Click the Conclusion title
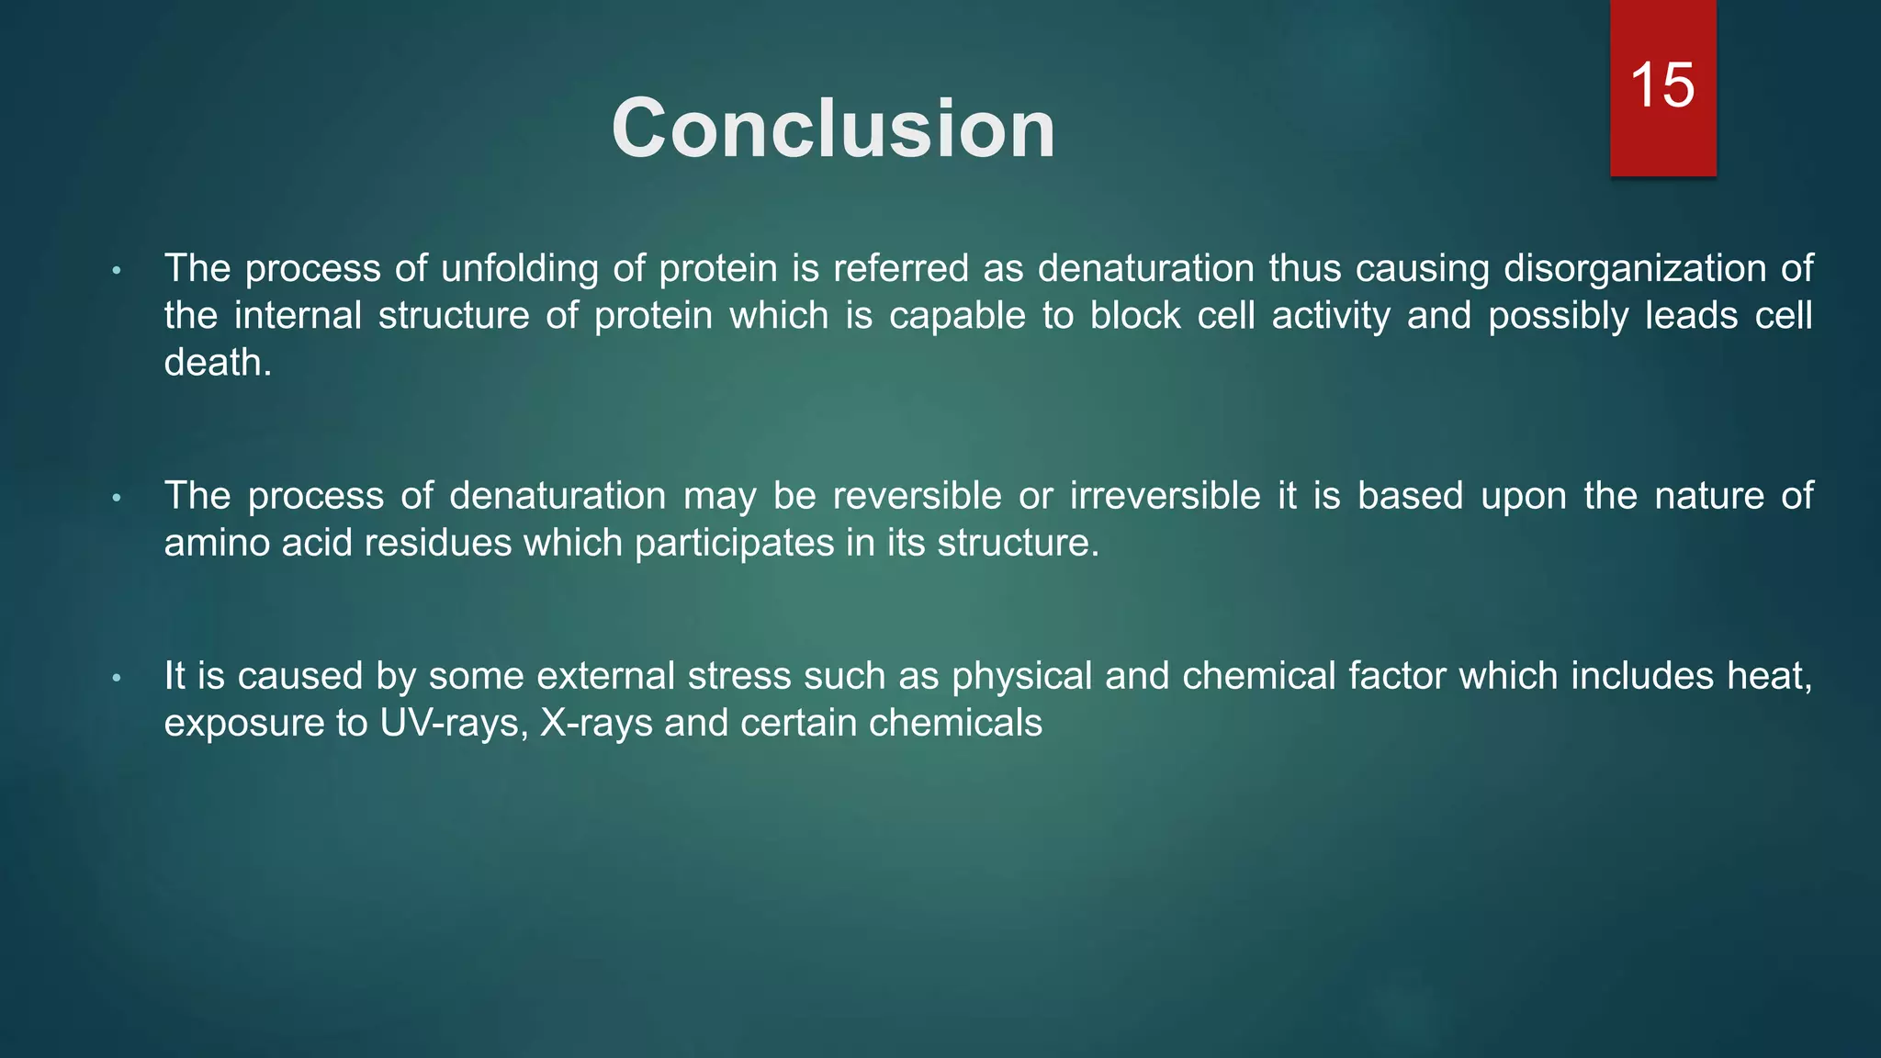pos(833,129)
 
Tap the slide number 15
pos(1661,85)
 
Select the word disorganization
pos(1634,268)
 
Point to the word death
pos(217,363)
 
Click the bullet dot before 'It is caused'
pos(117,679)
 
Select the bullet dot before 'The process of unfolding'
pos(117,271)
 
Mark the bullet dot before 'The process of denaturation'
pos(117,499)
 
